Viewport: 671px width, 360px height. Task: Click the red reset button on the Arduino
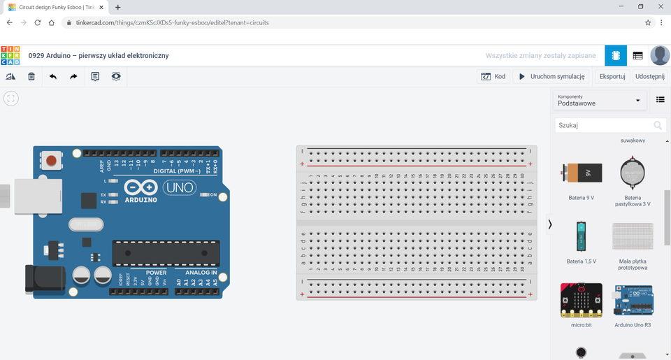pos(51,161)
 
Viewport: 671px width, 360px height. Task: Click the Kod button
pos(493,77)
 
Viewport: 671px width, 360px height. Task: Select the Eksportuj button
pos(612,77)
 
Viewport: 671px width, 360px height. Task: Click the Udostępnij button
pos(649,77)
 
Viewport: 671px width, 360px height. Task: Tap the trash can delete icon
pos(31,77)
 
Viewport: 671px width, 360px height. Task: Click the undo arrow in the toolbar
pos(52,77)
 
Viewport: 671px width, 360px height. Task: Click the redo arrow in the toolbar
pos(73,77)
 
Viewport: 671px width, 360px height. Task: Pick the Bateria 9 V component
pos(581,173)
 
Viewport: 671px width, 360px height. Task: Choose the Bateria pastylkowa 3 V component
pos(633,173)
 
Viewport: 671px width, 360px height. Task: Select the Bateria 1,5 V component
pos(581,236)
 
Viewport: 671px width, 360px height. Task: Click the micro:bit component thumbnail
pos(581,300)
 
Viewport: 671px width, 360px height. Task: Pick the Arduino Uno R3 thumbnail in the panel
pos(633,300)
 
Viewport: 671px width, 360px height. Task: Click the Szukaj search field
pos(605,126)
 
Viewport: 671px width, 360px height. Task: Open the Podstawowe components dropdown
pos(599,101)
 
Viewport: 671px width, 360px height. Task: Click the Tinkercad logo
pos(10,56)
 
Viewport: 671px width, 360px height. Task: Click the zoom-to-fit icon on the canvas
pos(10,99)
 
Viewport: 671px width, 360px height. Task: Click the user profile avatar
pos(659,56)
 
